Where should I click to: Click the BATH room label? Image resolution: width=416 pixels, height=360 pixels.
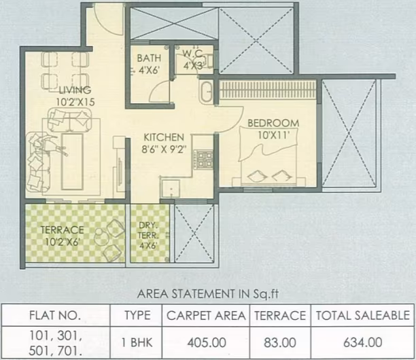(x=149, y=58)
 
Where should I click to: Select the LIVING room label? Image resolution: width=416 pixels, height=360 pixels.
(x=75, y=90)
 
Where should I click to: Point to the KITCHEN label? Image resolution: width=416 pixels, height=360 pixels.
(x=164, y=137)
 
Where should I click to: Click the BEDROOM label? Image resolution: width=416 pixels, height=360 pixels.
(x=273, y=123)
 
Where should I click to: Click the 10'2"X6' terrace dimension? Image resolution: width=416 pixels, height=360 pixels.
(x=62, y=242)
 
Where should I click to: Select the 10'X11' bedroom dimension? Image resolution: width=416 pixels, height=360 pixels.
(x=273, y=135)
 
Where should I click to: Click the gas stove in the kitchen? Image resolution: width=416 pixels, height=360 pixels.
(x=204, y=160)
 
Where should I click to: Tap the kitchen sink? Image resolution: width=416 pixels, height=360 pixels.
(x=171, y=188)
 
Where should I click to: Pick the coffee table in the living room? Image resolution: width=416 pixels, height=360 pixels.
(x=72, y=162)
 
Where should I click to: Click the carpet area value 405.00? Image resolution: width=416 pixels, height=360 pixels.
(x=207, y=343)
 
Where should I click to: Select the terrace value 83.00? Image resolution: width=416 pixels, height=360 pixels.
(x=280, y=343)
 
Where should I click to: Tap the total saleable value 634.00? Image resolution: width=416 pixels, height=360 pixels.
(x=363, y=342)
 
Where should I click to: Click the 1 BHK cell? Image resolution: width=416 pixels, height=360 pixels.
(x=137, y=343)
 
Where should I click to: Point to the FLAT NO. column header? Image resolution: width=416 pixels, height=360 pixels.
(x=55, y=315)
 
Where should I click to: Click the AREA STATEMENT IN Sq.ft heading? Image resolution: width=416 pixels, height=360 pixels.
(x=208, y=294)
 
